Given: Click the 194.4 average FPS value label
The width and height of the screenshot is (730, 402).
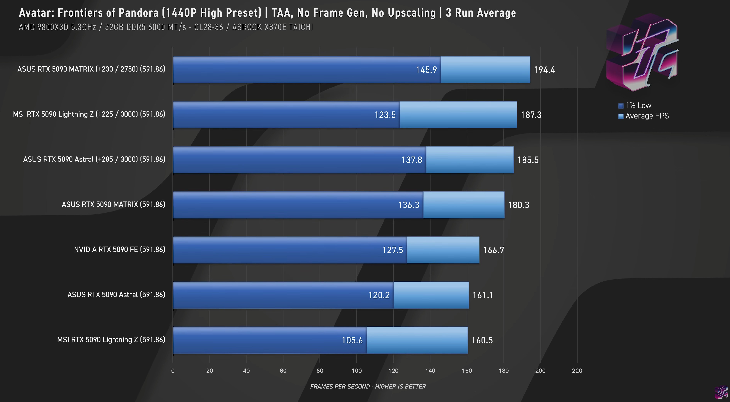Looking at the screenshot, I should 544,70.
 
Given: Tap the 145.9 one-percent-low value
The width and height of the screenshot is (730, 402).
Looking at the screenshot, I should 426,70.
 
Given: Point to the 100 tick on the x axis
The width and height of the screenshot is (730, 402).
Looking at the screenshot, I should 357,371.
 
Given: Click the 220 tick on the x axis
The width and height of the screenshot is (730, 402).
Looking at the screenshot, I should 577,371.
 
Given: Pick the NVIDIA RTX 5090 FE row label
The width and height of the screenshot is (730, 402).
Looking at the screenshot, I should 119,250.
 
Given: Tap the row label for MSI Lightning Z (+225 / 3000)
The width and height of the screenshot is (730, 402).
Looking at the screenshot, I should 89,114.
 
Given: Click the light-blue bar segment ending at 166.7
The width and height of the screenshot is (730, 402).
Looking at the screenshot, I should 443,250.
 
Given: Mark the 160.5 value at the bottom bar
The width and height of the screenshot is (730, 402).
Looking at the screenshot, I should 482,340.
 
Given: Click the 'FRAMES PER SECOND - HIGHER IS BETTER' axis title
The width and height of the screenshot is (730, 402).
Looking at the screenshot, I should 368,386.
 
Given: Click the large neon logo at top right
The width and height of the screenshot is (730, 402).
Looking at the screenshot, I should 642,53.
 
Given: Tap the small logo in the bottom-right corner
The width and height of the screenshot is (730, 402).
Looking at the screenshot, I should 721,392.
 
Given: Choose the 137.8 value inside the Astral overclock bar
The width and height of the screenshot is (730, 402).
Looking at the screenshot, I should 412,160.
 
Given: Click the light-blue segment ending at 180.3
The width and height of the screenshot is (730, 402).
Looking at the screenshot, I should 464,205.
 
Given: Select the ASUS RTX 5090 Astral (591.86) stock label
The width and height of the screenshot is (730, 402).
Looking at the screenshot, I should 116,295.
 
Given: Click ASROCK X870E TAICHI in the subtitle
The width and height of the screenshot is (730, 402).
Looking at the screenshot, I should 273,27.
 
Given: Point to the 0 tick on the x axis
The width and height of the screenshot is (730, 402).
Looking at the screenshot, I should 173,371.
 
